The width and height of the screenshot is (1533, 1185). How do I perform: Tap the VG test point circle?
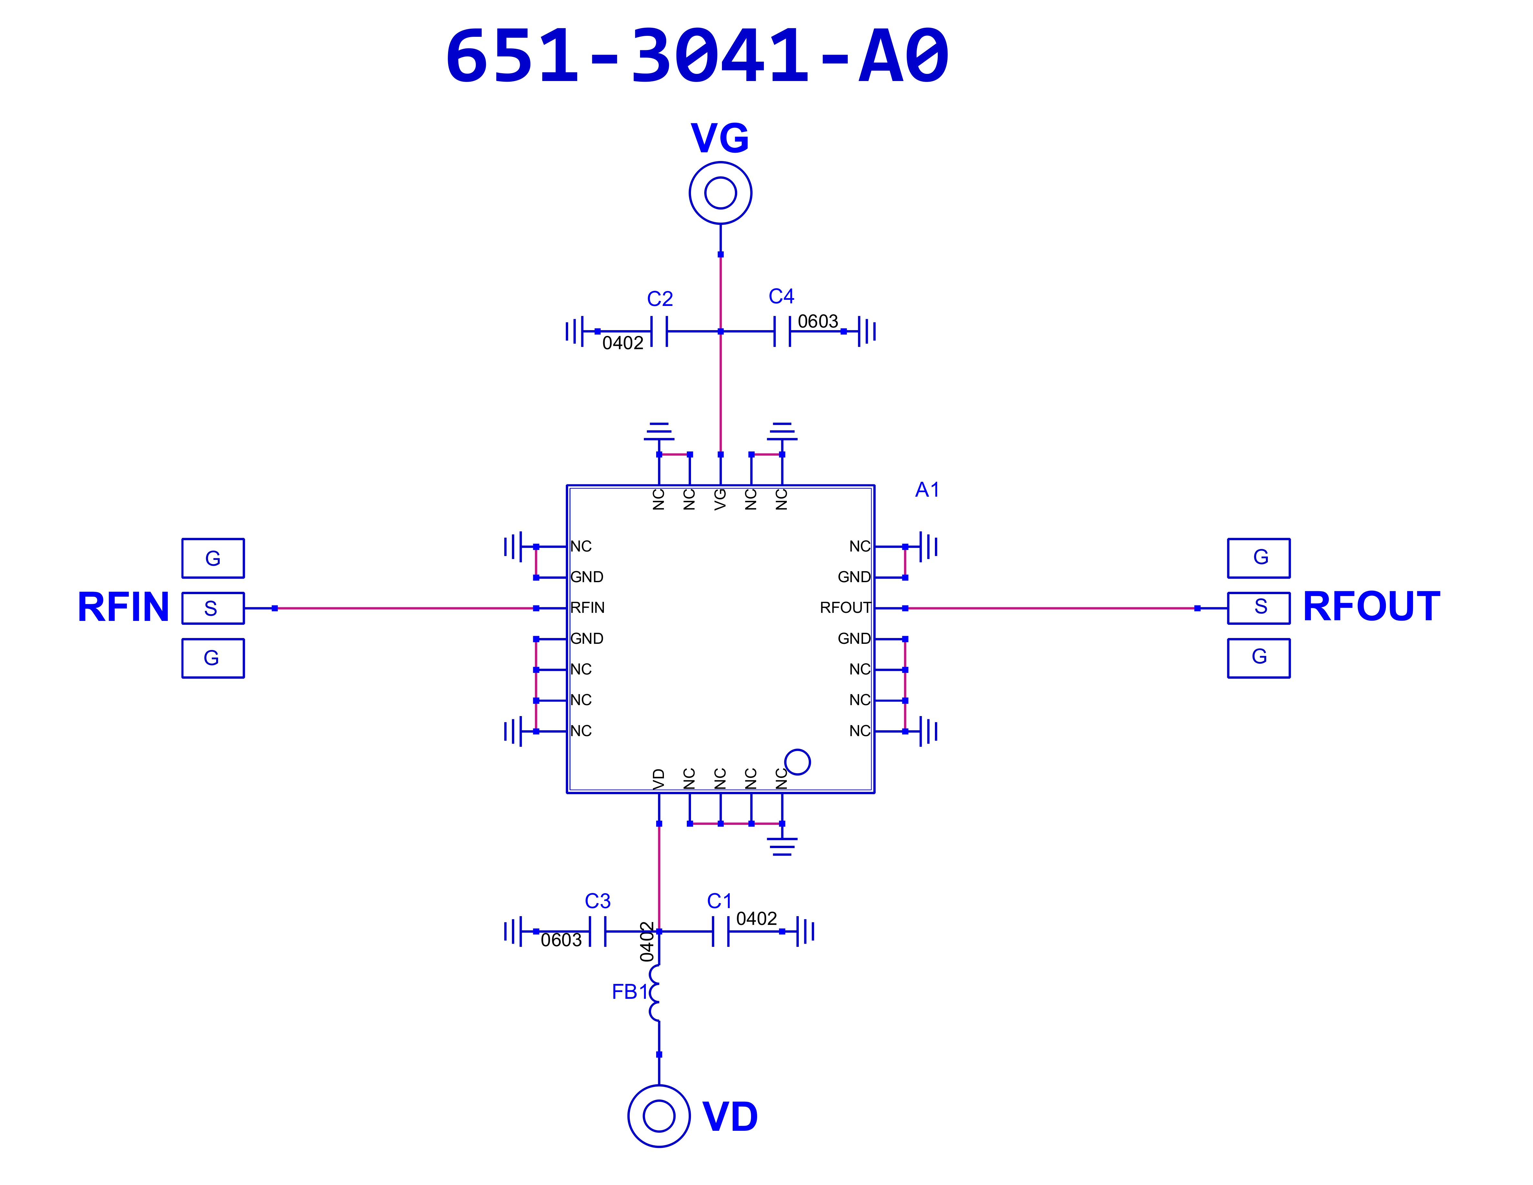click(720, 163)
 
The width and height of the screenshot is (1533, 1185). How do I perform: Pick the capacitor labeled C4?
click(782, 331)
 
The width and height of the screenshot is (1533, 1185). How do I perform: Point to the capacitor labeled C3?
click(597, 932)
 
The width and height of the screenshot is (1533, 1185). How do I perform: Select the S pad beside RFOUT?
click(1258, 608)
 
